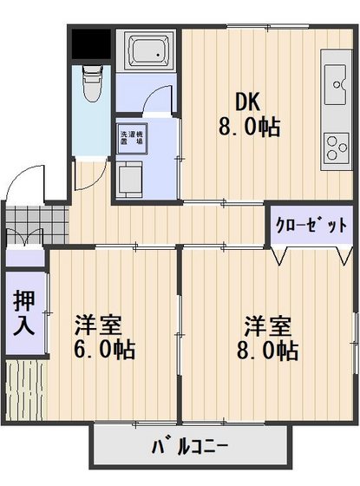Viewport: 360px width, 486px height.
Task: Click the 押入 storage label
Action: point(23,313)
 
